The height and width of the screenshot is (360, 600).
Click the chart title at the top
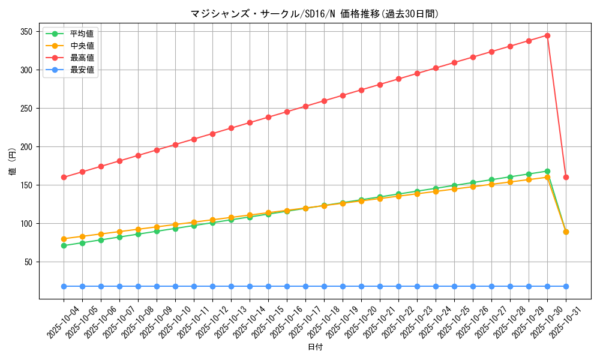(x=314, y=14)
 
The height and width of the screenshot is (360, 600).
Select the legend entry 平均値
(x=82, y=34)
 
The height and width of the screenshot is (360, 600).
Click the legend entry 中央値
(x=82, y=46)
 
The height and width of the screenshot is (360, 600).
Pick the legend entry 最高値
(x=82, y=58)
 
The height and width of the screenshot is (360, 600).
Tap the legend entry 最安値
(x=82, y=70)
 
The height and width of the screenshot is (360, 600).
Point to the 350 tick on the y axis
(x=27, y=32)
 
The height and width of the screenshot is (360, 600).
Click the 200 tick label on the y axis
(x=27, y=147)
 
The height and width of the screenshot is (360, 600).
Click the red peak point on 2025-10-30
(x=547, y=35)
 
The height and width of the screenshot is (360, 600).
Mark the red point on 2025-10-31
(x=566, y=177)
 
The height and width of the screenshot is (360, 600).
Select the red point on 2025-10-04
(x=64, y=177)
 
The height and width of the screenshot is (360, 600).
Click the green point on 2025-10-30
(x=547, y=171)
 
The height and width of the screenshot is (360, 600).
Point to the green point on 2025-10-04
(x=64, y=245)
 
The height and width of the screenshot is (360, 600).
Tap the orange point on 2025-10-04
(x=64, y=239)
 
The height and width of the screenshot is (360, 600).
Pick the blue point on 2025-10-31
(x=566, y=286)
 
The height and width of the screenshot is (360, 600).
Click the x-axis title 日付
(x=315, y=347)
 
